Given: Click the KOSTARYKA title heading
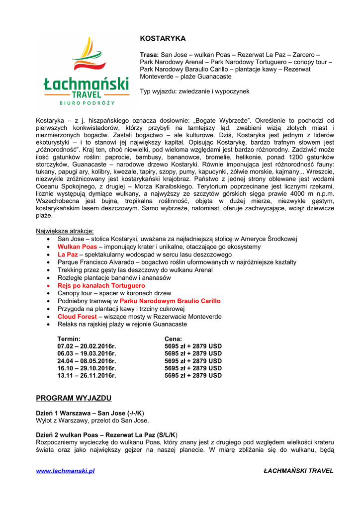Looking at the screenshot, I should pyautogui.click(x=163, y=38).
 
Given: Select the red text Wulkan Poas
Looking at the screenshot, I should pyautogui.click(x=77, y=247).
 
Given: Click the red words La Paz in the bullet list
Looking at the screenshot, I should pyautogui.click(x=68, y=254).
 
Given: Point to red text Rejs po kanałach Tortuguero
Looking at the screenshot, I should pyautogui.click(x=101, y=286).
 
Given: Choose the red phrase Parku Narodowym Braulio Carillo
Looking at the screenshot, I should pyautogui.click(x=170, y=301).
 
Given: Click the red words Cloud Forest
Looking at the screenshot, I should pyautogui.click(x=77, y=317).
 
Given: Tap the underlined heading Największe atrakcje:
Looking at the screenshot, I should pyautogui.click(x=65, y=231).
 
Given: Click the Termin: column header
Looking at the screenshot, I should pyautogui.click(x=69, y=339).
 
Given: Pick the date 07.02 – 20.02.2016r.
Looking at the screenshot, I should pyautogui.click(x=87, y=346).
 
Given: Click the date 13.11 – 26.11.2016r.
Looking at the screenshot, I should pyautogui.click(x=87, y=376).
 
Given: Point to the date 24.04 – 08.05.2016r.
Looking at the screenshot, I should pyautogui.click(x=87, y=361).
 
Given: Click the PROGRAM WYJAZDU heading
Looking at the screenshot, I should pyautogui.click(x=74, y=398).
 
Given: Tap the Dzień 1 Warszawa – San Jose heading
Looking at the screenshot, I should pyautogui.click(x=90, y=413).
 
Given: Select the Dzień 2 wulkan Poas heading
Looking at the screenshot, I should pyautogui.click(x=106, y=434).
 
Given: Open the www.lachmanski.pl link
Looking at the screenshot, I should pyautogui.click(x=65, y=471).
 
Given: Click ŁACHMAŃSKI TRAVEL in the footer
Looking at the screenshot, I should pyautogui.click(x=298, y=471).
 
